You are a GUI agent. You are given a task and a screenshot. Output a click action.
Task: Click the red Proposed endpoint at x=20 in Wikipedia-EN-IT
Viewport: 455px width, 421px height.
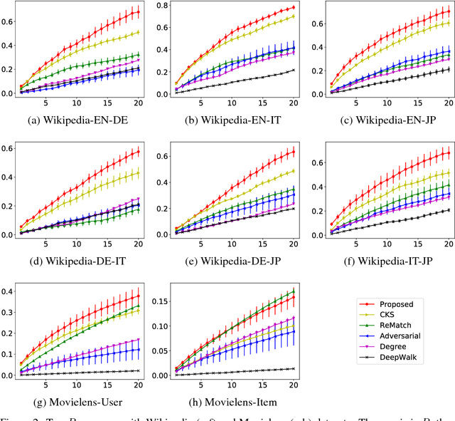(293, 8)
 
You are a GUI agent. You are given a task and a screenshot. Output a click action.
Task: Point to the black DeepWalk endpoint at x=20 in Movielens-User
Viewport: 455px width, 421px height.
(138, 370)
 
